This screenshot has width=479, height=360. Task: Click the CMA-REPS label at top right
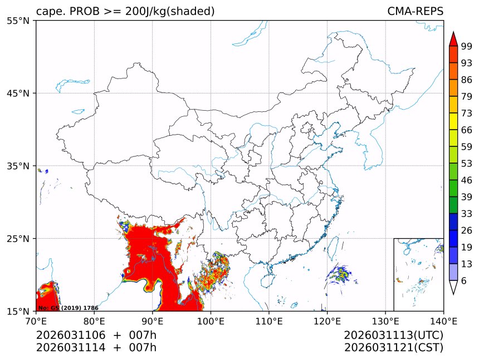[415, 11]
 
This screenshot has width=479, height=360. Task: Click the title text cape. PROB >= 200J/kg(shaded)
[125, 11]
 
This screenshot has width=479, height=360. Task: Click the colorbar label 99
[467, 46]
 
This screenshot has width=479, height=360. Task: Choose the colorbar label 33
[467, 214]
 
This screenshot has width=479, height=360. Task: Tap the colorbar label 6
[464, 281]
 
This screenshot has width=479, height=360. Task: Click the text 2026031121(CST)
[393, 348]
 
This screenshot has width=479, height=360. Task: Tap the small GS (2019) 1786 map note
[68, 308]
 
